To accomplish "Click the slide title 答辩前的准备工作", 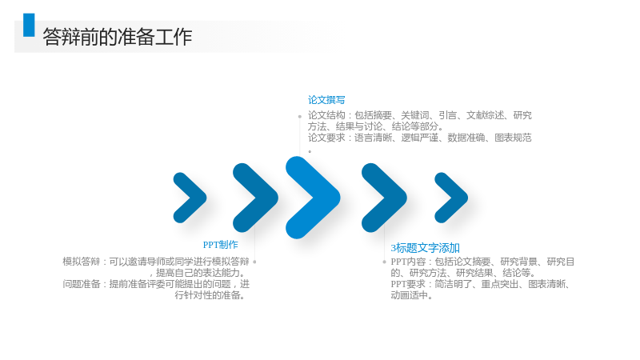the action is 117,37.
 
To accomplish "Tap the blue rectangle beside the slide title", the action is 29,25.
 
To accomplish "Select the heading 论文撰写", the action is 326,100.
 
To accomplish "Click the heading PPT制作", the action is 221,245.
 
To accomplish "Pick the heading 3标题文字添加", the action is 426,248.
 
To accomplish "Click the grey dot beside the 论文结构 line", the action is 299,117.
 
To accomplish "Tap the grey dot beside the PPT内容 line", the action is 384,262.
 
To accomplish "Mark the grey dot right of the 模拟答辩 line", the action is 254,262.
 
